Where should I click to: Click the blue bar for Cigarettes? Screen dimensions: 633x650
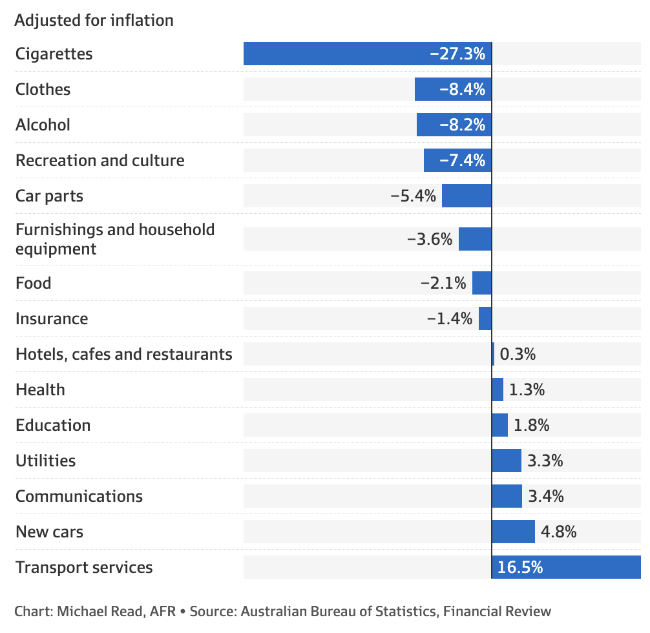[x=336, y=54]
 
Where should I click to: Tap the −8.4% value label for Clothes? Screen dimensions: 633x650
[x=463, y=89]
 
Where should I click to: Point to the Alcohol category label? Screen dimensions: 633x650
[x=43, y=125]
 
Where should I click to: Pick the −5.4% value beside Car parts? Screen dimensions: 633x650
[x=414, y=196]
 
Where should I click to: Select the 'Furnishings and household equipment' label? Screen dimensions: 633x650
[x=114, y=239]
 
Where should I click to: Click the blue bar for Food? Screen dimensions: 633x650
[x=482, y=283]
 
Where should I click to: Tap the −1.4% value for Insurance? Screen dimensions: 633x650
[x=450, y=318]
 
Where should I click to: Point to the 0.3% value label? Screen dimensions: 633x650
[x=518, y=354]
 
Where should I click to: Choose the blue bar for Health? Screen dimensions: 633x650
[x=498, y=389]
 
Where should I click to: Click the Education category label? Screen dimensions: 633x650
[x=53, y=425]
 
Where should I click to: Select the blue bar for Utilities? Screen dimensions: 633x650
[x=507, y=461]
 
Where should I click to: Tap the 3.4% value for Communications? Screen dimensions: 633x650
[x=546, y=496]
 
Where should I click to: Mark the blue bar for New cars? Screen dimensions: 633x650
[x=513, y=532]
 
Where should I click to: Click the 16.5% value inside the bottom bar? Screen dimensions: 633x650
[x=520, y=567]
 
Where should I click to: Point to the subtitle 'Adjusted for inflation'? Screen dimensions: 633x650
[x=94, y=20]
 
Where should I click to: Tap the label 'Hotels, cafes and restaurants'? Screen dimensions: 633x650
[x=123, y=354]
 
